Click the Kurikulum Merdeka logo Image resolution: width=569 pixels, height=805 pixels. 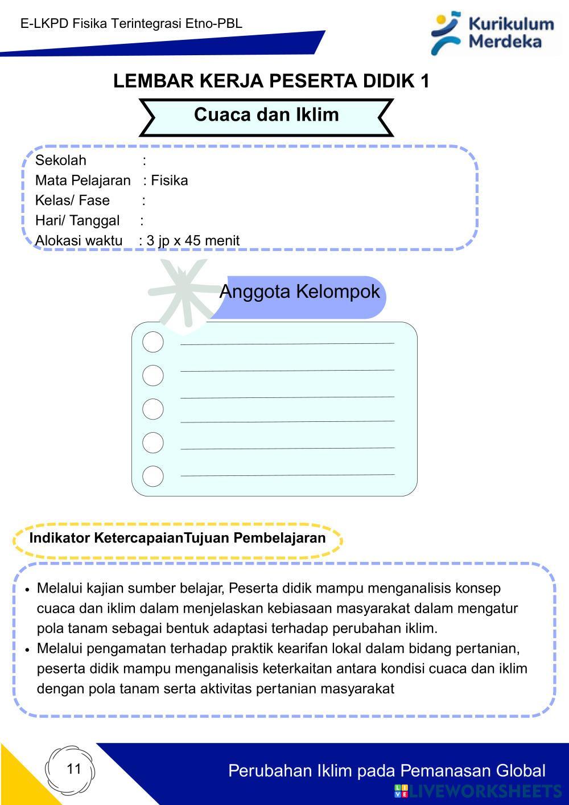coord(493,33)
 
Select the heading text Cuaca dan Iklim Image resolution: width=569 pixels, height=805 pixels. coord(266,114)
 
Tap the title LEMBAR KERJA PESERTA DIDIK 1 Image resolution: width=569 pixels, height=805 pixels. coord(271,81)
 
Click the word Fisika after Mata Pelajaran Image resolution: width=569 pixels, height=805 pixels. coord(170,180)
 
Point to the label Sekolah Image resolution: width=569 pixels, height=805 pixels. coord(60,160)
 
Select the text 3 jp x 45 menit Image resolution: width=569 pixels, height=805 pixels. coord(193,240)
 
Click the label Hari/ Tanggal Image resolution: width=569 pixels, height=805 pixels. coord(77,220)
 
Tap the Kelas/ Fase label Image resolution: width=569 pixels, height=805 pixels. coord(72,200)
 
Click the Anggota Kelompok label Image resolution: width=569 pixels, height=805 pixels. coord(299,291)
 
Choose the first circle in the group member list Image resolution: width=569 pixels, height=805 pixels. coord(152,342)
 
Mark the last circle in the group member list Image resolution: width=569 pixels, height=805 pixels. coord(152,476)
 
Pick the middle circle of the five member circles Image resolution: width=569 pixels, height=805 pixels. coord(152,409)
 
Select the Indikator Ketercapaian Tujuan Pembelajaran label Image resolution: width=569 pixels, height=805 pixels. coord(178,538)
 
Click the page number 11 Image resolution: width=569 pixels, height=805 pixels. coord(74,769)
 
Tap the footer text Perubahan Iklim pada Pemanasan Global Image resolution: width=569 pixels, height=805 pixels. coord(387,771)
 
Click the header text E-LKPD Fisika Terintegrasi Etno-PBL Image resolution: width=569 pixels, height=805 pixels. coord(131,23)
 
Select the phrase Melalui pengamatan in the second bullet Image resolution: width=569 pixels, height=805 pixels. coord(98,648)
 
